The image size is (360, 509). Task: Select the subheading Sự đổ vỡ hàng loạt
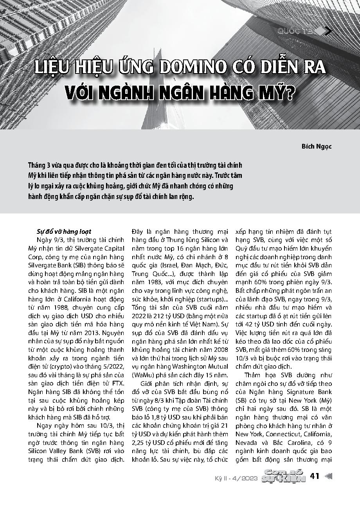(x=63, y=231)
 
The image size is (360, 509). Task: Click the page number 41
(x=315, y=476)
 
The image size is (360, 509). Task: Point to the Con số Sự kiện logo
(x=284, y=476)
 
